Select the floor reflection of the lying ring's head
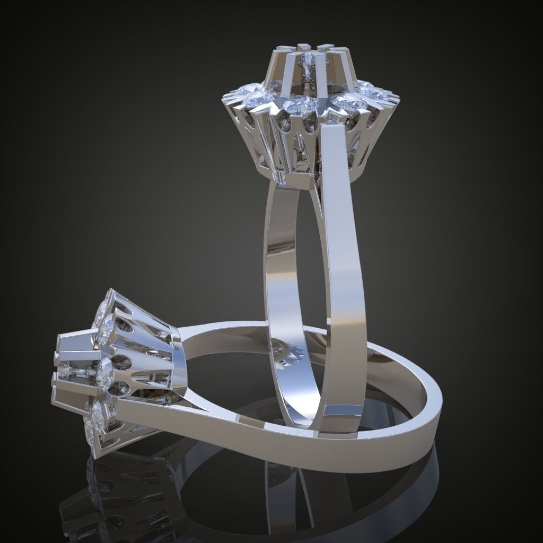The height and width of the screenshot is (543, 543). pyautogui.click(x=106, y=498)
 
